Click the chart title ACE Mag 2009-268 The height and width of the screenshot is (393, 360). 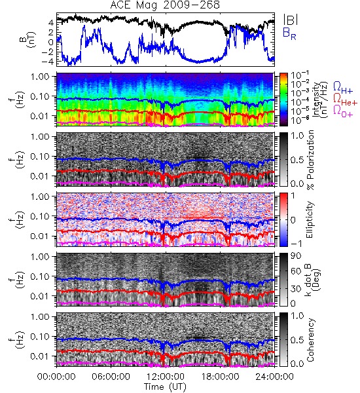pyautogui.click(x=165, y=5)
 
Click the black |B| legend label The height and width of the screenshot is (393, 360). pyautogui.click(x=291, y=19)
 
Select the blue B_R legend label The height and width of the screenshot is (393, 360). pyautogui.click(x=289, y=33)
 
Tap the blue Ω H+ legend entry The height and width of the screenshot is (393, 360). pyautogui.click(x=343, y=88)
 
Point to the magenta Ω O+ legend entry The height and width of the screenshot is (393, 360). pyautogui.click(x=343, y=111)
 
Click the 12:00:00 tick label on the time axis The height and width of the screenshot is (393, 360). pyautogui.click(x=166, y=377)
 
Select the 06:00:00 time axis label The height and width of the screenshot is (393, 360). pyautogui.click(x=111, y=377)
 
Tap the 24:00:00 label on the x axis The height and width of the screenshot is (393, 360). pyautogui.click(x=274, y=377)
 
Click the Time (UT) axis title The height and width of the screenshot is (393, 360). pyautogui.click(x=166, y=386)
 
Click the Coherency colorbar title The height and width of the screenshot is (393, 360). pyautogui.click(x=310, y=340)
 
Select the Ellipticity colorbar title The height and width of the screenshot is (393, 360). pyautogui.click(x=310, y=219)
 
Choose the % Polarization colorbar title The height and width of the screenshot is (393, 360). pyautogui.click(x=310, y=160)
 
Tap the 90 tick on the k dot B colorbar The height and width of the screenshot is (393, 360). pyautogui.click(x=296, y=256)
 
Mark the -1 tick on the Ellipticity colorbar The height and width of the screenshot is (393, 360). pyautogui.click(x=297, y=244)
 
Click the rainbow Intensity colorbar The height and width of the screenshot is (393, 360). pyautogui.click(x=283, y=100)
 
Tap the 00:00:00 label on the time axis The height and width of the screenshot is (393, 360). pyautogui.click(x=56, y=377)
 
